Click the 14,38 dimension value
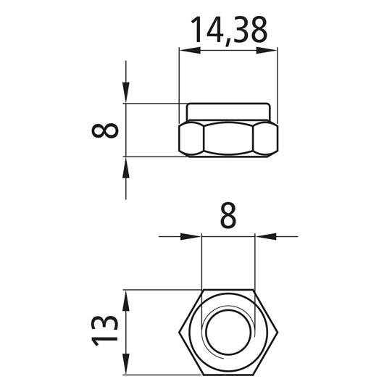(228, 30)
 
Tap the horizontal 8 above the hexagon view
(228, 216)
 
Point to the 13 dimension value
(107, 331)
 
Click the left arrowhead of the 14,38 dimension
(188, 50)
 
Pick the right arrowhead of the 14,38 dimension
(269, 50)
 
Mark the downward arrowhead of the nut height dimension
(126, 93)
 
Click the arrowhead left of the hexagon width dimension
(191, 235)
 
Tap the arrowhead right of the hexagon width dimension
(265, 235)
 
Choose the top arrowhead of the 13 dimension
(126, 299)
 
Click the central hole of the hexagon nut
(228, 333)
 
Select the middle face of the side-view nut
(228, 138)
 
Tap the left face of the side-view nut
(191, 138)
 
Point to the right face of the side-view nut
(266, 138)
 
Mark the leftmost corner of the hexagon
(179, 333)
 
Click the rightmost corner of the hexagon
(278, 333)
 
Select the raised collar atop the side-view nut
(228, 112)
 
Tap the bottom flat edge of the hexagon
(228, 375)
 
